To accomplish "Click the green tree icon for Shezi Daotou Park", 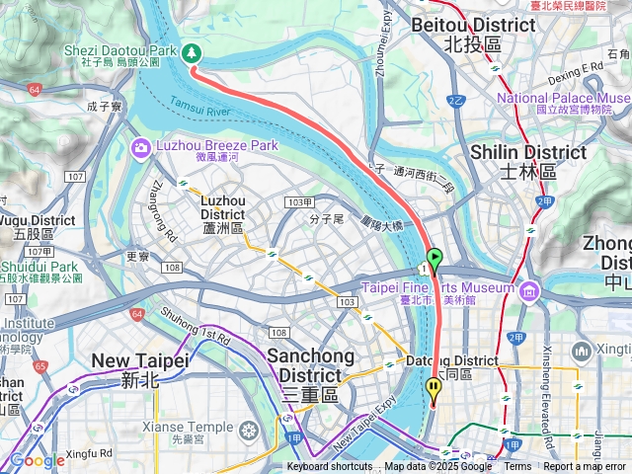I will tap(190, 53).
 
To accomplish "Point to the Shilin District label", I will tap(527, 160).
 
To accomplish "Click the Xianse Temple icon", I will tap(248, 431).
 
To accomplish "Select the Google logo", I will tap(38, 460).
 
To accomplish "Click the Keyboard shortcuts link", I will tap(330, 467).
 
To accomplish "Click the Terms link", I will tap(517, 467).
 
